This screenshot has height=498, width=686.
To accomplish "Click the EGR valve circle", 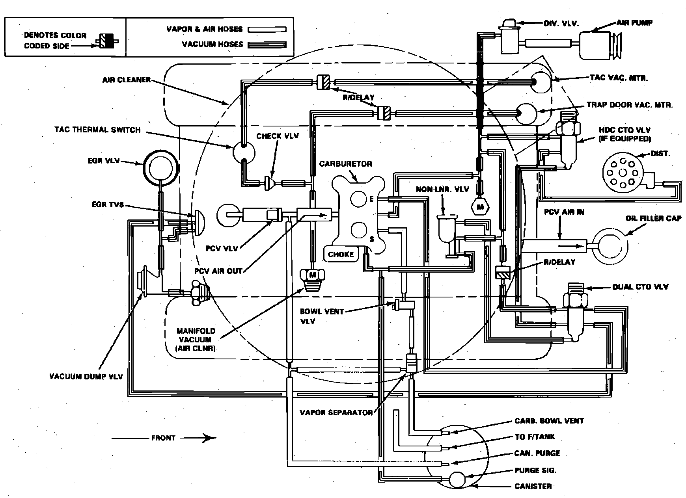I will click(160, 168).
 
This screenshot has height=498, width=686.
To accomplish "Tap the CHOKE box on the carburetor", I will click(341, 254).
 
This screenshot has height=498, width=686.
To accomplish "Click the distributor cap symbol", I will click(623, 173).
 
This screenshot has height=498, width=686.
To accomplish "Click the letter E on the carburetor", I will click(371, 199).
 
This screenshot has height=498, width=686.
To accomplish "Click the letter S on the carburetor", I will click(371, 239).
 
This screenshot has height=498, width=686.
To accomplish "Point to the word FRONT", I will click(163, 438).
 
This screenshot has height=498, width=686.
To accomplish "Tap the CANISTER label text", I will click(533, 486).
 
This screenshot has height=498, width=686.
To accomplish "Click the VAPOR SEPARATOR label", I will click(336, 413).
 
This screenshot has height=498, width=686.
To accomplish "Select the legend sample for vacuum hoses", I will click(267, 45).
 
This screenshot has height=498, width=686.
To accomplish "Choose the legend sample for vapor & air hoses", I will click(267, 30).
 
